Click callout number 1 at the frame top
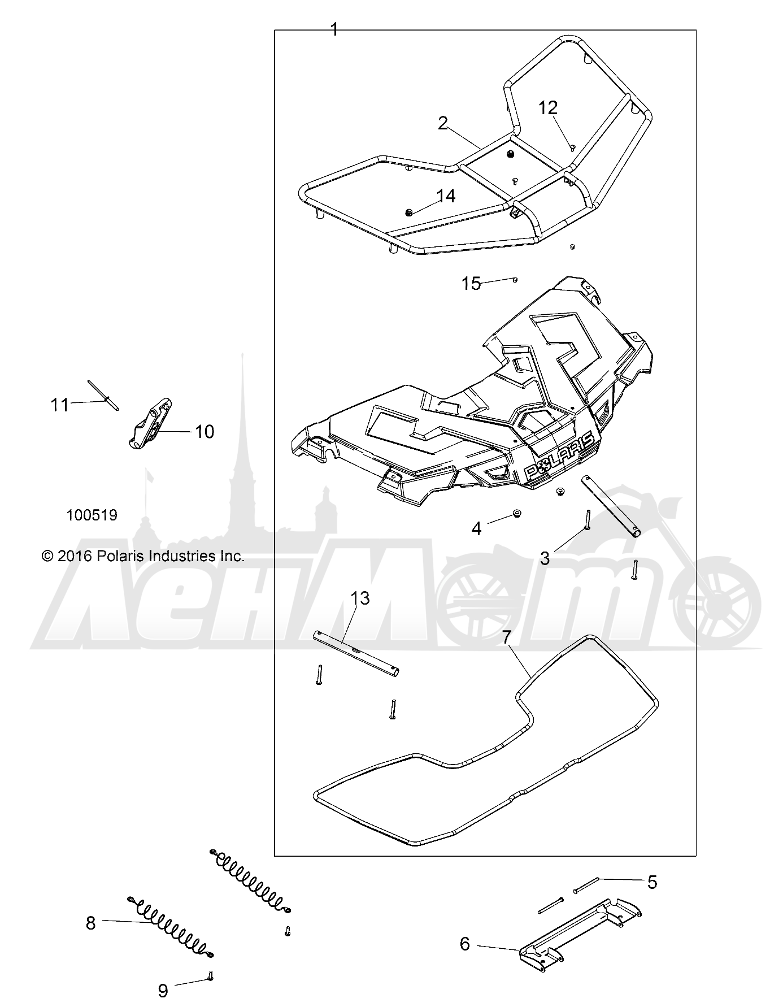[x=334, y=29]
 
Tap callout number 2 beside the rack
[x=443, y=123]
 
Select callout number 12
[x=548, y=107]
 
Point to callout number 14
[x=446, y=196]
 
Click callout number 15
[x=471, y=283]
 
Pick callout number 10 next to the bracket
[x=205, y=432]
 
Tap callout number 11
[x=60, y=405]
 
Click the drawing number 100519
[x=92, y=515]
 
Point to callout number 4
[x=477, y=529]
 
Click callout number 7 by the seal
[x=506, y=637]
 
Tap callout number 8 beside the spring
[x=91, y=923]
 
